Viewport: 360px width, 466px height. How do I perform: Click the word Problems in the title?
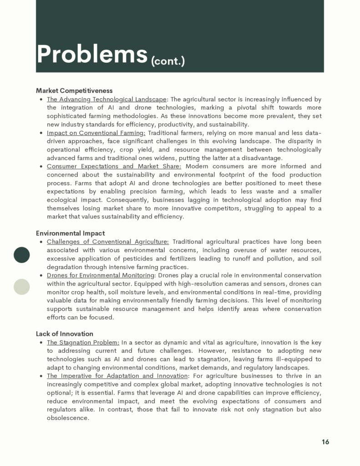92,54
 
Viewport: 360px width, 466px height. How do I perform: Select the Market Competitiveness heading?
74,91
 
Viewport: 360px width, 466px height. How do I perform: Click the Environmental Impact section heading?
70,233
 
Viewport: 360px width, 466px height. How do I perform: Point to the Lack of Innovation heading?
65,334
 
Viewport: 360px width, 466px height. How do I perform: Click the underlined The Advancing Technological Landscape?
106,99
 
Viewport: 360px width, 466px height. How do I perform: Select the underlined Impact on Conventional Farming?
96,133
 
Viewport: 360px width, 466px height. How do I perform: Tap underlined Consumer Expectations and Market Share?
114,166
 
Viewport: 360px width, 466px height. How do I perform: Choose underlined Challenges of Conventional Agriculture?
107,242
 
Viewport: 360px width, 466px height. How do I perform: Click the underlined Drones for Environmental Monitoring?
101,275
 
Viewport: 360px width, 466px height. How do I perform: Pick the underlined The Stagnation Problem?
83,342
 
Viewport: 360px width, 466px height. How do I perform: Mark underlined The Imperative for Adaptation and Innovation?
117,376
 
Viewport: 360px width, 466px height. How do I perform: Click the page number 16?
325,442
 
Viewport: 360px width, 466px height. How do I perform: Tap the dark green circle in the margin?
21,255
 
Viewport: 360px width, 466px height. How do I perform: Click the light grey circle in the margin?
21,287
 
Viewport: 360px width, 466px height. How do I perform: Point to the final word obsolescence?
68,418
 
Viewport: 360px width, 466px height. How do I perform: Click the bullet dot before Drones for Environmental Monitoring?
41,276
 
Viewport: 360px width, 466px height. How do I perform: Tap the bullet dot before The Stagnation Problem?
41,343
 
